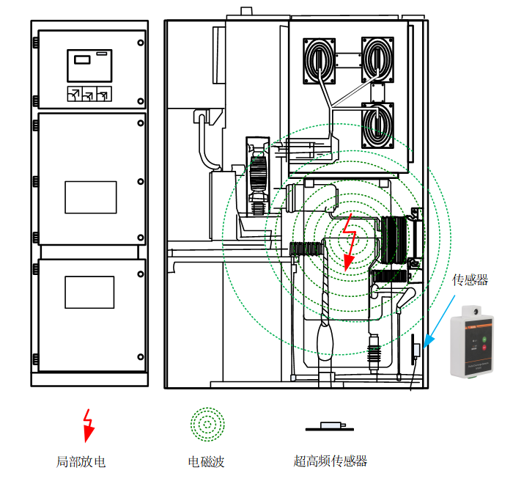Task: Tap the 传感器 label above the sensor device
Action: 470,279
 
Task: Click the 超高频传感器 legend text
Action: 330,461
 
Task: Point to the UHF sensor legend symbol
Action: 331,426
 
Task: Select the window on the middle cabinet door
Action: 91,197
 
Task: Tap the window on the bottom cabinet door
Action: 89,292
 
